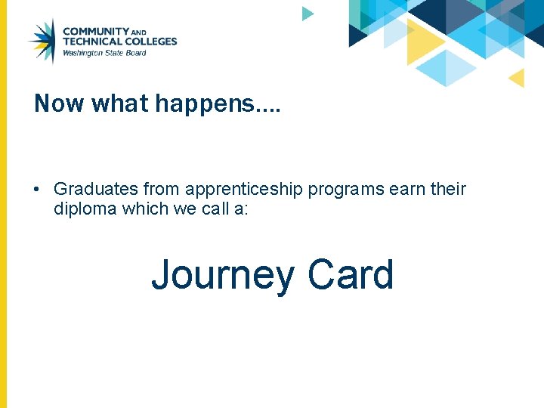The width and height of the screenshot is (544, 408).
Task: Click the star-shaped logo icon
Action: [42, 42]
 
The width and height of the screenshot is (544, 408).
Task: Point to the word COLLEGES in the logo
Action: [148, 42]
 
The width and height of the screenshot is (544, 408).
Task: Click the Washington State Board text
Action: [104, 53]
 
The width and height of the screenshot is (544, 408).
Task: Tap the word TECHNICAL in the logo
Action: [89, 42]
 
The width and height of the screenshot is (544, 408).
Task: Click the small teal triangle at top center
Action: [306, 14]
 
